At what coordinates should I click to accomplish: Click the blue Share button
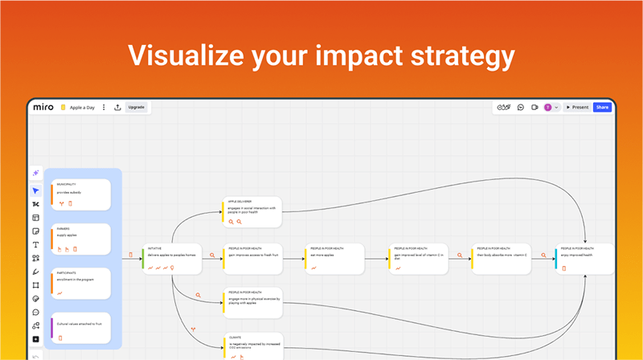(602, 107)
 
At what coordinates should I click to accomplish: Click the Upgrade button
(137, 107)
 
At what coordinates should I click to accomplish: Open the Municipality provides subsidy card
(80, 194)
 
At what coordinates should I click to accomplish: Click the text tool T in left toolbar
(35, 244)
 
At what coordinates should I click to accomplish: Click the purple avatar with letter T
(547, 107)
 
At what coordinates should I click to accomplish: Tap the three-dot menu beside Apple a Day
(104, 107)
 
